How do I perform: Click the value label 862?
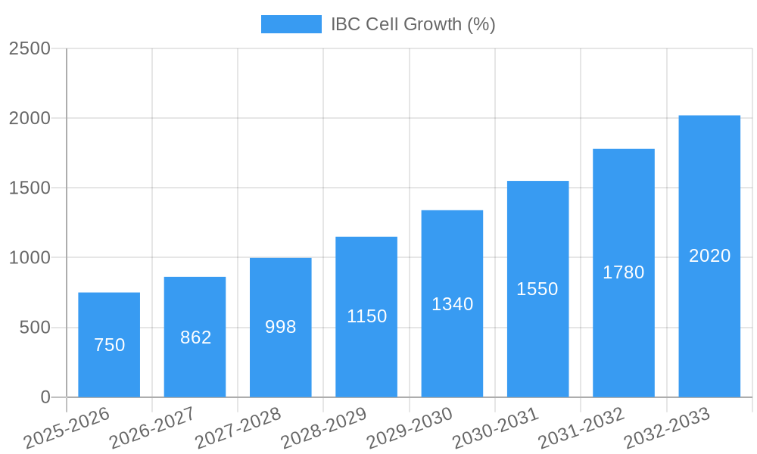click(195, 337)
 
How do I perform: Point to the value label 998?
click(281, 327)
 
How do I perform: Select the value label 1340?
click(452, 304)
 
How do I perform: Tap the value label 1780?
click(623, 272)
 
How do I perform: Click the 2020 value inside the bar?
click(709, 256)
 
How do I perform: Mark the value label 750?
click(109, 345)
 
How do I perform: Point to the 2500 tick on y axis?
click(30, 48)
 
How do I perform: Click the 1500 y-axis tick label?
click(30, 188)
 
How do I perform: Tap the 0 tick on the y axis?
click(45, 397)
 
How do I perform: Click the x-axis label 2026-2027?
click(152, 428)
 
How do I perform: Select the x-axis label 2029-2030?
click(410, 428)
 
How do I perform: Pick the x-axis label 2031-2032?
click(581, 428)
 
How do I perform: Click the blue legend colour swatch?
click(291, 24)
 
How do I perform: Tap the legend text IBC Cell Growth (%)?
click(413, 24)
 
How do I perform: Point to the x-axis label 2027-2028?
click(238, 428)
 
